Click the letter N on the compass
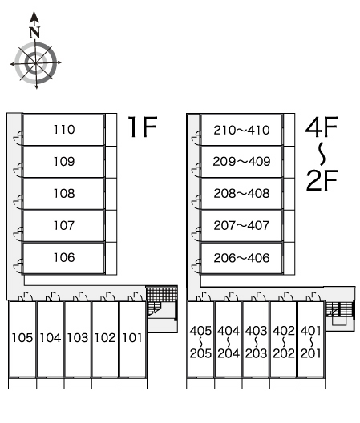pyautogui.click(x=34, y=32)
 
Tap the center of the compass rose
pyautogui.click(x=36, y=63)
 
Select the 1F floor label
pyautogui.click(x=143, y=127)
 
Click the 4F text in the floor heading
pyautogui.click(x=322, y=127)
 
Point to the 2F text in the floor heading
pyautogui.click(x=322, y=180)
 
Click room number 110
pyautogui.click(x=64, y=130)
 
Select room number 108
pyautogui.click(x=64, y=194)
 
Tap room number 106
pyautogui.click(x=64, y=258)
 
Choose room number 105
pyautogui.click(x=22, y=338)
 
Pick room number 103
pyautogui.click(x=78, y=338)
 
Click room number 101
pyautogui.click(x=132, y=338)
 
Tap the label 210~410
pyautogui.click(x=241, y=131)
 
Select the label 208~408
pyautogui.click(x=241, y=194)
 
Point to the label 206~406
pyautogui.click(x=241, y=258)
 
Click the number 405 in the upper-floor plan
pyautogui.click(x=200, y=331)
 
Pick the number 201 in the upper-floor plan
pyautogui.click(x=311, y=353)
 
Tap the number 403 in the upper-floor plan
pyautogui.click(x=256, y=331)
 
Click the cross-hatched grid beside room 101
pyautogui.click(x=161, y=293)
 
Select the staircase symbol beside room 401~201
pyautogui.click(x=339, y=309)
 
